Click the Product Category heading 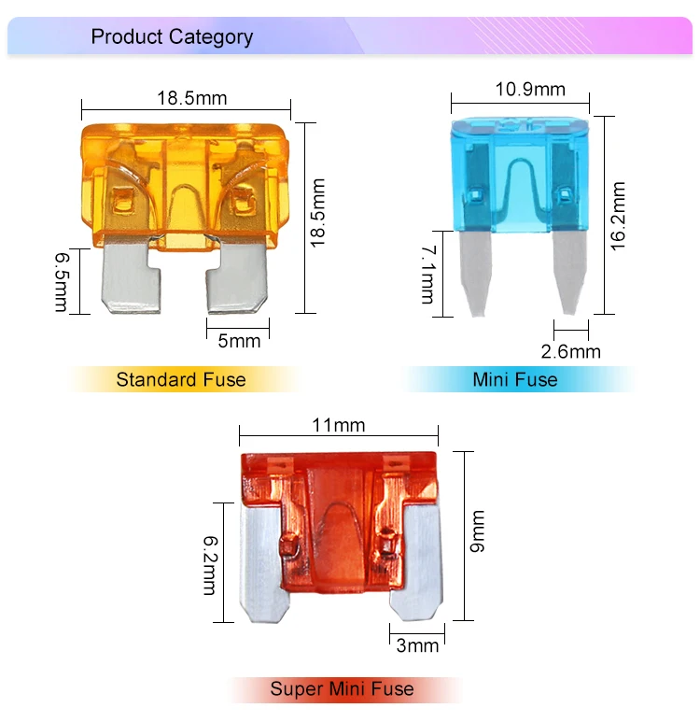pyautogui.click(x=172, y=37)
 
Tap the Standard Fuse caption pyautogui.click(x=181, y=379)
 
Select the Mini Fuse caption pyautogui.click(x=515, y=379)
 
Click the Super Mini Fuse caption pyautogui.click(x=342, y=690)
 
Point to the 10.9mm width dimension pyautogui.click(x=530, y=90)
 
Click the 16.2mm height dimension pyautogui.click(x=617, y=214)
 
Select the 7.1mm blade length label pyautogui.click(x=427, y=274)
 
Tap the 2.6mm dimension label pyautogui.click(x=571, y=351)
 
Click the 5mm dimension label pyautogui.click(x=239, y=341)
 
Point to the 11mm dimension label pyautogui.click(x=338, y=426)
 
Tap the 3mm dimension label pyautogui.click(x=417, y=645)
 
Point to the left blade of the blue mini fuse pyautogui.click(x=478, y=271)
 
